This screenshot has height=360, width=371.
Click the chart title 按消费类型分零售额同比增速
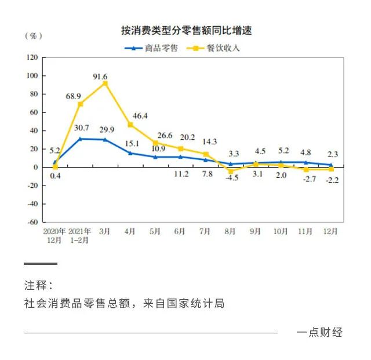click(x=186, y=31)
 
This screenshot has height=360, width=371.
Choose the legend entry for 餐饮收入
click(x=214, y=48)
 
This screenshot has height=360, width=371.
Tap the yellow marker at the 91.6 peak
click(x=105, y=83)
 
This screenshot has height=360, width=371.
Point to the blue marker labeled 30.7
click(x=80, y=139)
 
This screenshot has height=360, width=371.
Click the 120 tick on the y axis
click(x=32, y=57)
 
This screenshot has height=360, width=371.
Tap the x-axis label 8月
click(x=230, y=231)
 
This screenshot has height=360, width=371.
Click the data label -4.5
click(x=232, y=178)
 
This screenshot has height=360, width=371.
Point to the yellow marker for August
click(x=230, y=172)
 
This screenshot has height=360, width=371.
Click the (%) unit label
click(x=34, y=36)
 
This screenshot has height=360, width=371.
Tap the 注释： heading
click(x=38, y=286)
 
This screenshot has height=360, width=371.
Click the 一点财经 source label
click(x=319, y=333)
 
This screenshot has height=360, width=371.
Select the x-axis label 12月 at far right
click(x=331, y=231)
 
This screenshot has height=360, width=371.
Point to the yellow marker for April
click(x=130, y=125)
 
